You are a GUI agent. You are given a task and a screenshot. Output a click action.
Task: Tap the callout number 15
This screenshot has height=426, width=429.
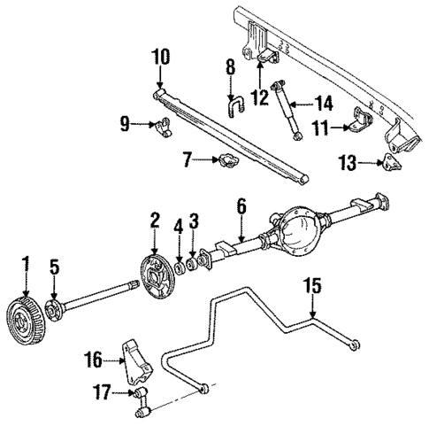tap(311, 287)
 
